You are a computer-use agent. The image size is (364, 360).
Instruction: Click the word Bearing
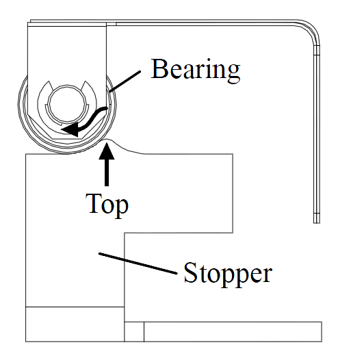tap(196, 70)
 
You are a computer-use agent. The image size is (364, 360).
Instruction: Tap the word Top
tap(107, 205)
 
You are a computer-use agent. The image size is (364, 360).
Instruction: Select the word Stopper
tap(228, 273)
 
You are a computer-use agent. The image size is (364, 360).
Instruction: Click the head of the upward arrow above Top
tap(107, 151)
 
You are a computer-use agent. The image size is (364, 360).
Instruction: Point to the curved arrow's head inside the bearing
tap(70, 129)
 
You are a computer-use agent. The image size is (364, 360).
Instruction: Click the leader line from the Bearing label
tap(125, 81)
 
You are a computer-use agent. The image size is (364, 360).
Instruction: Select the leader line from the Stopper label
tap(138, 263)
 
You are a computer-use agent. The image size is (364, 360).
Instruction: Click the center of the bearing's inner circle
tap(67, 103)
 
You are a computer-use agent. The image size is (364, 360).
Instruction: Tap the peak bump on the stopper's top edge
tap(107, 139)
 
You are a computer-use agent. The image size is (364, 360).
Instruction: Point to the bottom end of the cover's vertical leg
tap(317, 223)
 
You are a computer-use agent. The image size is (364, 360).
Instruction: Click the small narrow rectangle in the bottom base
tap(134, 332)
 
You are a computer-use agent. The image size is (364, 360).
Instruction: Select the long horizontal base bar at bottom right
tap(233, 332)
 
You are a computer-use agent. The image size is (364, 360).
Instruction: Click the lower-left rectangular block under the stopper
tap(75, 324)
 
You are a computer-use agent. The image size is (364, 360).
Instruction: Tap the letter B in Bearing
tap(159, 68)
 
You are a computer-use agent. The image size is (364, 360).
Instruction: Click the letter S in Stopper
tap(191, 272)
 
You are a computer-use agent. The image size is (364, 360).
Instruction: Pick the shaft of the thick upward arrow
tap(107, 172)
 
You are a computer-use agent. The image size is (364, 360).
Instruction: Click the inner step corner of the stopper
tap(125, 233)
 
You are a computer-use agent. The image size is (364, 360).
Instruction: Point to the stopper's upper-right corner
tap(233, 154)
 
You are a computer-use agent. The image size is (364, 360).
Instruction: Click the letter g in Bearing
tap(233, 74)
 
